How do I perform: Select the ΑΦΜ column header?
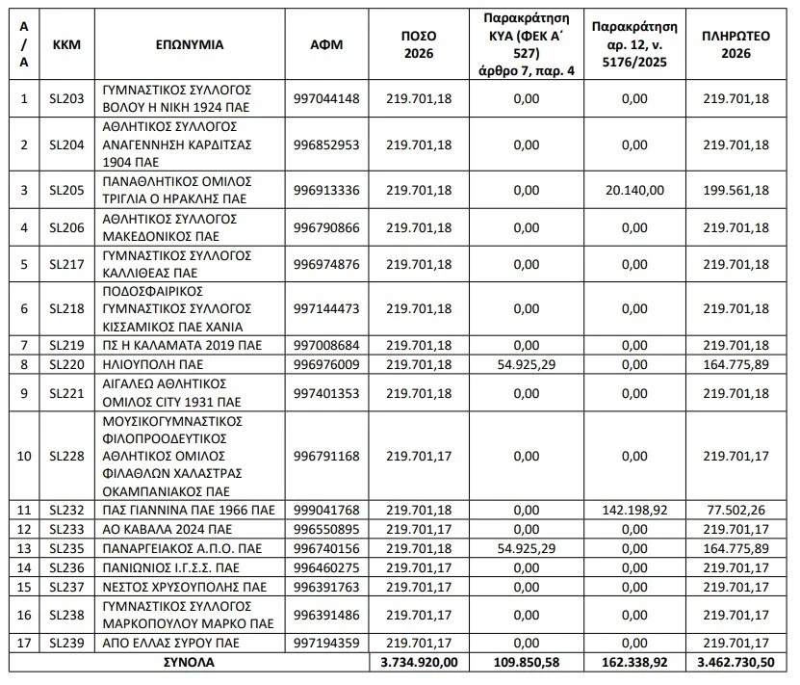[x=327, y=44]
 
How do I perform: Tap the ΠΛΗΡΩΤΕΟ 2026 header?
[x=736, y=44]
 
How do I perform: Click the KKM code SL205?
[x=66, y=189]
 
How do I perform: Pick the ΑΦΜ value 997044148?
[x=327, y=97]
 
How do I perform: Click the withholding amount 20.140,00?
[x=635, y=189]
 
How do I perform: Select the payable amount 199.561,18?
[x=736, y=189]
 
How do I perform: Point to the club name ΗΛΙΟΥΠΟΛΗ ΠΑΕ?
[x=146, y=364]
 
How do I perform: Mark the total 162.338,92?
[x=635, y=663]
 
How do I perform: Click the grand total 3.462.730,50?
[x=736, y=663]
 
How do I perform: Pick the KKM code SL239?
[x=66, y=644]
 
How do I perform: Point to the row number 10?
[x=24, y=456]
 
